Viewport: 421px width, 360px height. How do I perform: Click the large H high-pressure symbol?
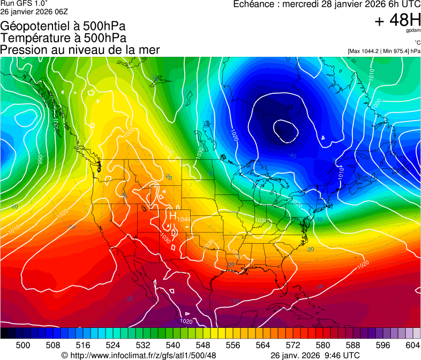tap(173, 216)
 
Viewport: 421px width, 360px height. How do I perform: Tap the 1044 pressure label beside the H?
tap(184, 220)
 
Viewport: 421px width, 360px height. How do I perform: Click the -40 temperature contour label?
tap(292, 156)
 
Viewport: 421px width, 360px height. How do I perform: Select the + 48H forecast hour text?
tap(397, 20)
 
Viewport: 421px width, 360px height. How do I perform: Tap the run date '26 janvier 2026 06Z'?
tap(34, 11)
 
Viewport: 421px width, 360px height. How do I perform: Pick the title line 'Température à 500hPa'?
tap(63, 38)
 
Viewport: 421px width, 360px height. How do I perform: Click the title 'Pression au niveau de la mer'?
tap(80, 50)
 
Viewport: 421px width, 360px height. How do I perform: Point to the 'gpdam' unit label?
tap(414, 31)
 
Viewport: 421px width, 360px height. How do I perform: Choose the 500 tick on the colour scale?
tap(22, 344)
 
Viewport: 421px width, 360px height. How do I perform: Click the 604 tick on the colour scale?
tap(412, 344)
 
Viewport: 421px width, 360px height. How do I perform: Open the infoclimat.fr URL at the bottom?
tap(143, 355)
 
